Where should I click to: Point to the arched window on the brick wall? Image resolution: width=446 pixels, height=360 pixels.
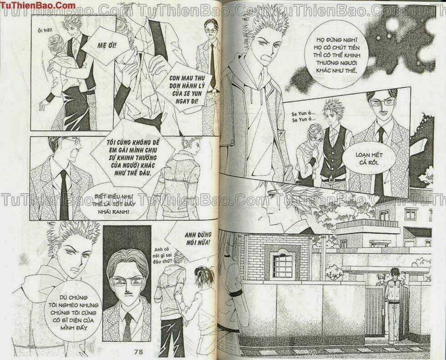tap(282, 263)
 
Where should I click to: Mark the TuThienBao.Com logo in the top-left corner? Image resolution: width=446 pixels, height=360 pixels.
tap(38, 6)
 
